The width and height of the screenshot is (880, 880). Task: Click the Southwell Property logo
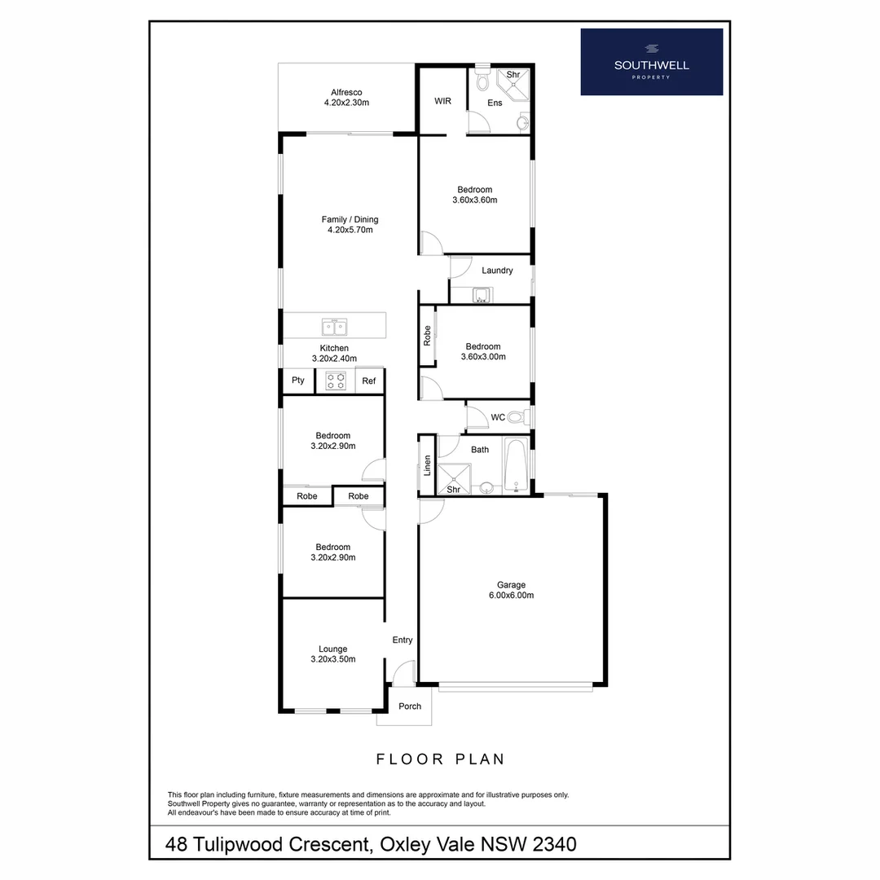[651, 62]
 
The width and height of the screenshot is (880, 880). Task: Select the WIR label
[442, 101]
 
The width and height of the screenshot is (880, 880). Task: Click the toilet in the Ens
[482, 81]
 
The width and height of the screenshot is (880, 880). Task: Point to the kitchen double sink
[334, 328]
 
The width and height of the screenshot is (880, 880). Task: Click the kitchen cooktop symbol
[335, 381]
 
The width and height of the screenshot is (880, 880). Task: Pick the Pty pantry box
[298, 381]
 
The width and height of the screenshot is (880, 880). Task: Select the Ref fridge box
[369, 381]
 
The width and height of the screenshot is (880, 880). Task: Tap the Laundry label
[497, 271]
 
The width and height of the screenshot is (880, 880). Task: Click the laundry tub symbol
[482, 295]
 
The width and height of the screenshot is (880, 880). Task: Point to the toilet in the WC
[517, 418]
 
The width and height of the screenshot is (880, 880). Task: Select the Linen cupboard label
[426, 466]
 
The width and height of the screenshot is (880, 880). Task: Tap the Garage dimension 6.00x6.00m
[511, 596]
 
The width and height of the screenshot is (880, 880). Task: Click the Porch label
[410, 706]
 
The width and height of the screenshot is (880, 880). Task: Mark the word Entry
[403, 640]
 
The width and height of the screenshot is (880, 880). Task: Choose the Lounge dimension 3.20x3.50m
[332, 659]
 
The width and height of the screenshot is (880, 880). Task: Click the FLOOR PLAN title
[440, 759]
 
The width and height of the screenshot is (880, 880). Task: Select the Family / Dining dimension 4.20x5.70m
[350, 230]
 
